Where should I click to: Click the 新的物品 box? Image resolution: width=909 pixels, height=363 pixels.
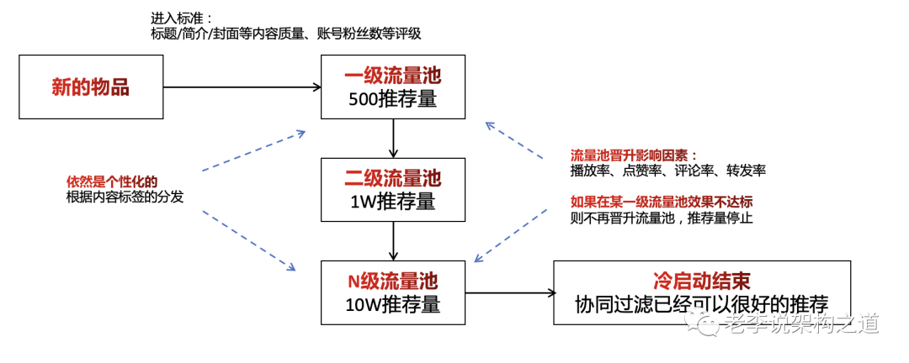pos(91,87)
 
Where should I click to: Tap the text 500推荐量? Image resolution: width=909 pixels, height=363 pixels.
pos(392,100)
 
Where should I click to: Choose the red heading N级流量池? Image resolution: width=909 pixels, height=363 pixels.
pos(393,282)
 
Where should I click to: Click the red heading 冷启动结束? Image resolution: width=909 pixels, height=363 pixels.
pos(702,282)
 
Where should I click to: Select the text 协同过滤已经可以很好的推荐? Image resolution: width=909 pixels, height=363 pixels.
pos(702,304)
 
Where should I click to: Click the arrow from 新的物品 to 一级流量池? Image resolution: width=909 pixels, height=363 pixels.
pos(242,87)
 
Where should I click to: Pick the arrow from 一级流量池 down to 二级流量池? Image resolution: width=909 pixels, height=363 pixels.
pos(394,139)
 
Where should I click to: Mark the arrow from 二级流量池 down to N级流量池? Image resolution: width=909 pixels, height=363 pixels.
pos(394,241)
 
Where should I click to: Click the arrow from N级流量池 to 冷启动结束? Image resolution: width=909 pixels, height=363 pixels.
pos(509,293)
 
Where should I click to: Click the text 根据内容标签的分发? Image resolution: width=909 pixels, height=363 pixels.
pos(125,197)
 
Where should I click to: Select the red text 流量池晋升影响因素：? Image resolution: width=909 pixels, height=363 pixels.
pos(635,155)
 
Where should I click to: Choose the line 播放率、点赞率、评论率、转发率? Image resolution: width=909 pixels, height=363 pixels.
pos(668,171)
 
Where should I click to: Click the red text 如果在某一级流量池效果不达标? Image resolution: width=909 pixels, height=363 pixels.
pos(662,202)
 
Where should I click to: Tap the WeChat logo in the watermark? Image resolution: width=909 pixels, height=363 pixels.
pos(702,324)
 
